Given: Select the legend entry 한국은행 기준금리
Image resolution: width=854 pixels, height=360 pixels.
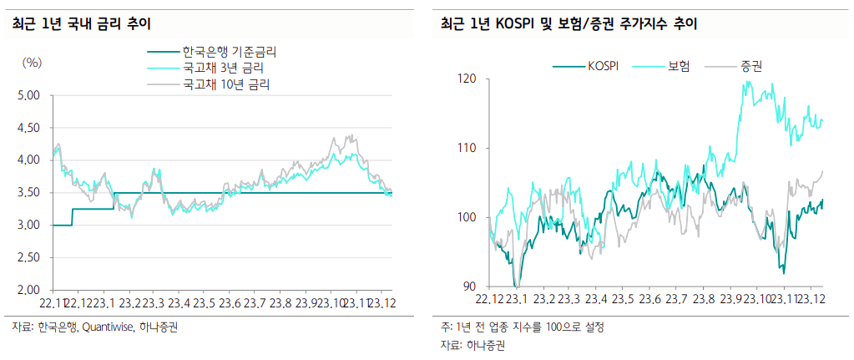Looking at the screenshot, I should pos(230,52).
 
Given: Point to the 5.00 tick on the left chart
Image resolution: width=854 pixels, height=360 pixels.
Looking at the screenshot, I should pos(29,95).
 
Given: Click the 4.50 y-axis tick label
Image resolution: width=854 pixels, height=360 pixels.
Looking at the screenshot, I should pos(29,128).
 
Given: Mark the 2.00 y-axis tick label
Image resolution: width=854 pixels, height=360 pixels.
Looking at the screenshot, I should pos(29,290).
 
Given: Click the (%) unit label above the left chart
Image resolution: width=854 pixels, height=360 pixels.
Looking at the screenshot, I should pos(32,63).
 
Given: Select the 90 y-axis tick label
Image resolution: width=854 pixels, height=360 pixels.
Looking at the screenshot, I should pos(468,286).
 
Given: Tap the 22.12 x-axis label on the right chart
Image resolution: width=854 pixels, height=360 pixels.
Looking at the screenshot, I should pos(490,299).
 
